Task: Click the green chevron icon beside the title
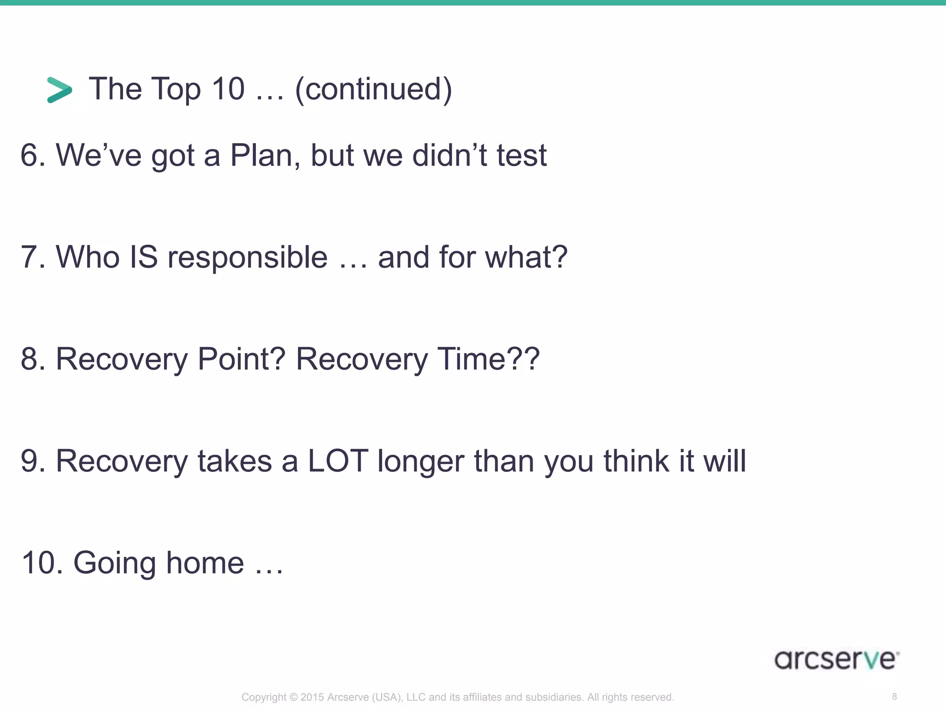[60, 90]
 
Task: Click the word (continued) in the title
[373, 89]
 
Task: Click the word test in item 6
[522, 155]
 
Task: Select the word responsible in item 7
[247, 257]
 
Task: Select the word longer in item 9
[420, 462]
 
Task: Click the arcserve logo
[837, 660]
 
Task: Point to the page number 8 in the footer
[894, 697]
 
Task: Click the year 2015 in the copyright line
[312, 697]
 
